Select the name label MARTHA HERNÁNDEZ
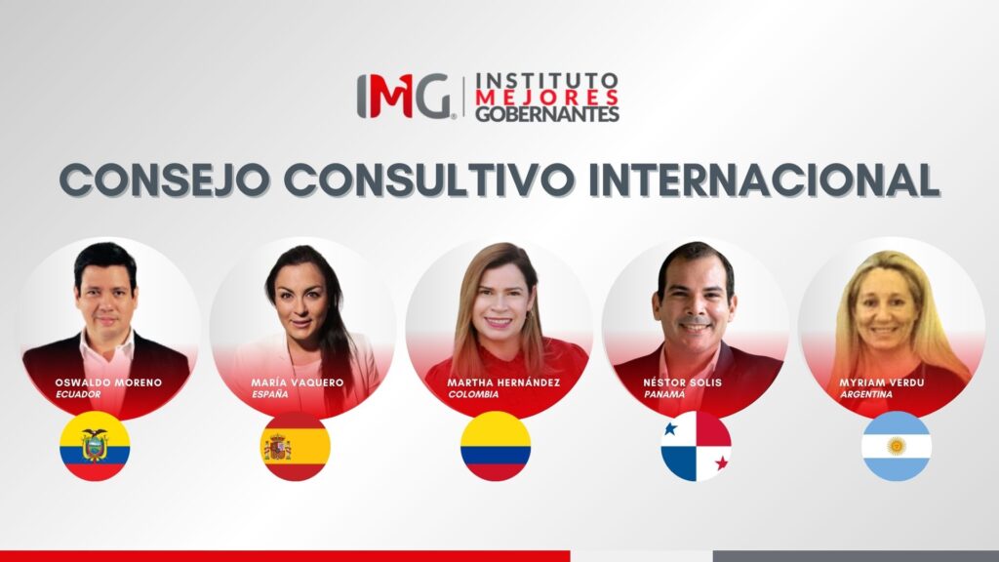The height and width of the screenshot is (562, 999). coord(504,382)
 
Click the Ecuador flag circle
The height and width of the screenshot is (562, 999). coord(95,446)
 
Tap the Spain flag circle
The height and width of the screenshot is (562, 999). coord(296,446)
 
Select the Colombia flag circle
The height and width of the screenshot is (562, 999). coord(496,446)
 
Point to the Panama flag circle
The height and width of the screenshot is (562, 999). coord(696,446)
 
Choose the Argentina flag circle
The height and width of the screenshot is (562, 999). coord(896,446)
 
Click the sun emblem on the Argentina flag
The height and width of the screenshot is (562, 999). coord(896,446)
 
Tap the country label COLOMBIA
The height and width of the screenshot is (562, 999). coord(473,394)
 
